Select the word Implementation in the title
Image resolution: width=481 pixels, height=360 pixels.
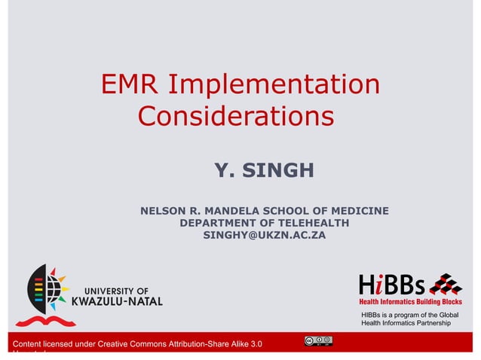point(274,84)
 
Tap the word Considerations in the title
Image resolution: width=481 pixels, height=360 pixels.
point(236,117)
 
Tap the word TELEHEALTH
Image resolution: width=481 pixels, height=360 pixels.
point(313,223)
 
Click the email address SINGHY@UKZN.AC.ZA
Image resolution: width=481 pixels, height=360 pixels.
point(265,236)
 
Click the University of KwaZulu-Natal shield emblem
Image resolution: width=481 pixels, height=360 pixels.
point(47,293)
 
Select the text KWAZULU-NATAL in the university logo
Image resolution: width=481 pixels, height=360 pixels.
point(117,301)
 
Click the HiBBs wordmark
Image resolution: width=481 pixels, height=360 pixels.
point(392,285)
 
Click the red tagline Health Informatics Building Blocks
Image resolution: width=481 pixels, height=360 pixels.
point(409,301)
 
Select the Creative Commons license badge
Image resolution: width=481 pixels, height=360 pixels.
point(318,340)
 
